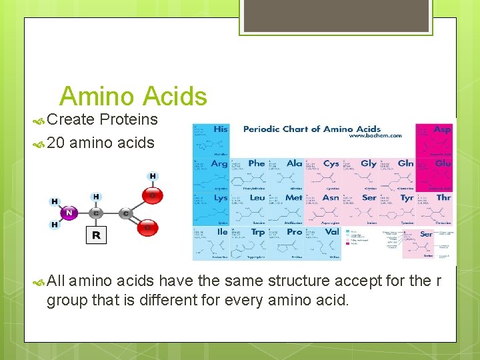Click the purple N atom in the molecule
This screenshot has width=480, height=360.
tap(69, 213)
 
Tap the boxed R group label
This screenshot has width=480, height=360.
tap(96, 235)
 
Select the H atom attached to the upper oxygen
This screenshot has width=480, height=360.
tap(153, 177)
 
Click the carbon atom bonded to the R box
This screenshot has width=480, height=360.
tap(96, 213)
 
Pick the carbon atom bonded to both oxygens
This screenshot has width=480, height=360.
tap(125, 213)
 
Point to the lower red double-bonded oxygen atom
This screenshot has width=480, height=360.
tap(148, 228)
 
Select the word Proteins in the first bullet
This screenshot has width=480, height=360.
tap(129, 120)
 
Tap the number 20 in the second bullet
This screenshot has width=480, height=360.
tap(56, 143)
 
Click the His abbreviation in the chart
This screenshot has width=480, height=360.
tap(220, 129)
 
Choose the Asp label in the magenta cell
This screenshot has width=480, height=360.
tap(442, 129)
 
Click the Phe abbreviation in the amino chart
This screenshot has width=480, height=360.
tap(257, 163)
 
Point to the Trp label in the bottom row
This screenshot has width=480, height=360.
tap(257, 232)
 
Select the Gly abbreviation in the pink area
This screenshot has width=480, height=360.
tap(368, 163)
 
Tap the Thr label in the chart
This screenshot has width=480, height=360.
tap(443, 197)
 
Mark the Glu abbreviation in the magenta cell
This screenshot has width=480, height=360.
tap(443, 163)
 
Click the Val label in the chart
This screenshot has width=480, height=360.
tap(331, 232)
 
